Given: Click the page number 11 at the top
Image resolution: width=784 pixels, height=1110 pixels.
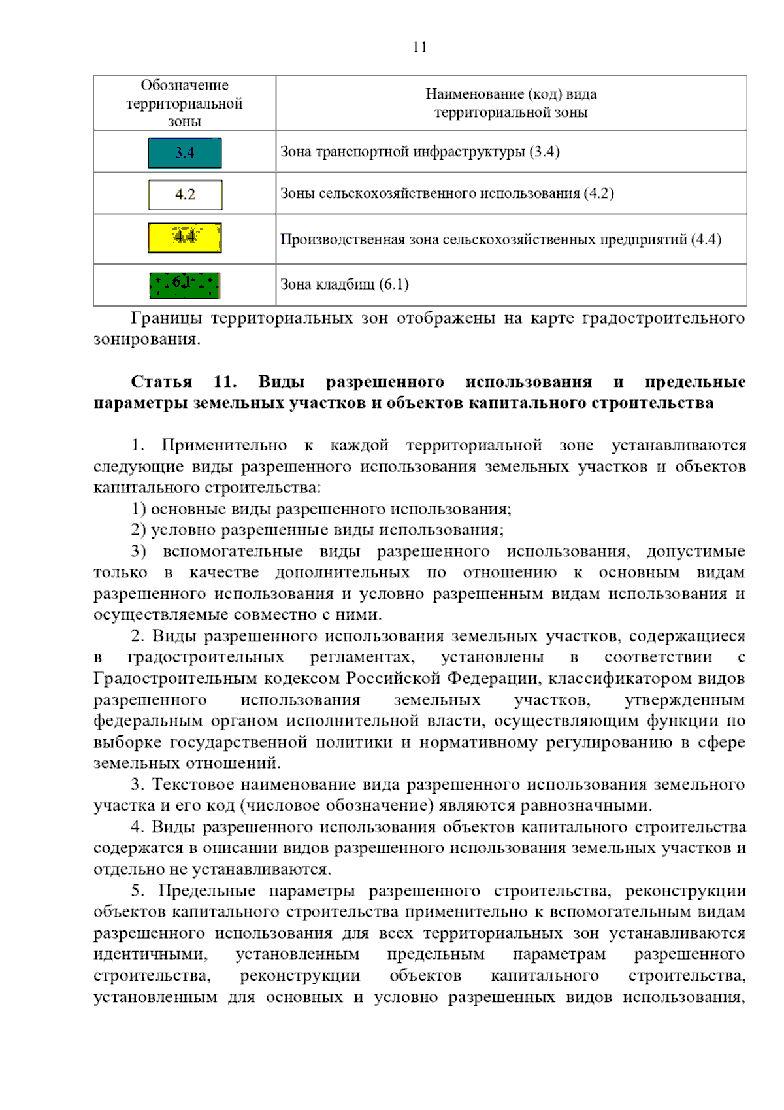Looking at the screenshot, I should pos(419,47).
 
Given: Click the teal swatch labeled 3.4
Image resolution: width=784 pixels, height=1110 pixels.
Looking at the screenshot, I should pos(185,153).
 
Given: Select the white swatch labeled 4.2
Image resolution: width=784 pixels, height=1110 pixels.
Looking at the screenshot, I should pos(185,195).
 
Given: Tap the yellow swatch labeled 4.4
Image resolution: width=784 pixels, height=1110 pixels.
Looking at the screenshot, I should pos(185,238).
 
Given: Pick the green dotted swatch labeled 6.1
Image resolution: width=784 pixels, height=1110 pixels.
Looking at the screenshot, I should pos(185,285).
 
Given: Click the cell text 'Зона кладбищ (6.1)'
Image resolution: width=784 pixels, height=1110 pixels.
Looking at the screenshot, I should pos(344,284).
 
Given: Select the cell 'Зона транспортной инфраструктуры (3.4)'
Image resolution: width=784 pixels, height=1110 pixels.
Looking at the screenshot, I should pos(419,152).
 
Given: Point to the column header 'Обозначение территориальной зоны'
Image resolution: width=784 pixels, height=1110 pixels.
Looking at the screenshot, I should pos(184,103).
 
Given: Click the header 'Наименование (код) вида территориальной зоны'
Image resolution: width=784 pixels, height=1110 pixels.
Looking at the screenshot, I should pos(511,103).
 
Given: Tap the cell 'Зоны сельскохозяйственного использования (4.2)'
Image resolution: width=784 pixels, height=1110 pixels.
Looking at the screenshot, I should pos(447,193).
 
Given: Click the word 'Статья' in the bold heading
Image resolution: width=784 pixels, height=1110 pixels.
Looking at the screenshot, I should pos(161,382).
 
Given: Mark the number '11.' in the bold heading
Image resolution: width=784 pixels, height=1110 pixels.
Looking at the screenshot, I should pos(225,382).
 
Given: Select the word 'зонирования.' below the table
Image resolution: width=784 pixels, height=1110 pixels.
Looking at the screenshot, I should pos(147,339).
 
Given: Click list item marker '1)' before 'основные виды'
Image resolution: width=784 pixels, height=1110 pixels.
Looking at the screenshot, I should pos(138,509).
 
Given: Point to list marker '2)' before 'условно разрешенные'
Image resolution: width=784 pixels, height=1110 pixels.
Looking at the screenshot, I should pos(138,530).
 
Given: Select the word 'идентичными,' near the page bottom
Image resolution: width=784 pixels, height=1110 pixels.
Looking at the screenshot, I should pos(150,954).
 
